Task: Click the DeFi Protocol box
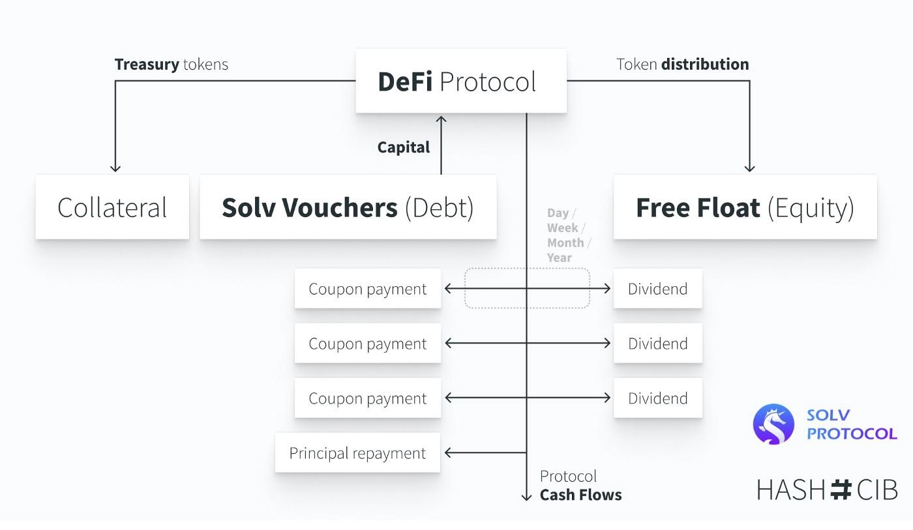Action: (x=460, y=81)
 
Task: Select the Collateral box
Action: (x=112, y=207)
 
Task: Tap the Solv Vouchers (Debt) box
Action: (x=348, y=207)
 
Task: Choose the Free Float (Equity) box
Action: (x=745, y=207)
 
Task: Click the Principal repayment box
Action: (x=357, y=452)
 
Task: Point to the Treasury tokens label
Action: (x=171, y=64)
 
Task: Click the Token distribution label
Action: (x=682, y=64)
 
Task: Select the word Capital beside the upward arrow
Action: (x=403, y=147)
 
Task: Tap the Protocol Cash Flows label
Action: (x=580, y=486)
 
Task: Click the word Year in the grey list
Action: (x=559, y=258)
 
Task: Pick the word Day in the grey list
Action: (x=558, y=213)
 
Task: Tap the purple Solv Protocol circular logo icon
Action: (x=773, y=424)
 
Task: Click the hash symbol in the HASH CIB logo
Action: (x=841, y=489)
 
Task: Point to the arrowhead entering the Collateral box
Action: (x=115, y=169)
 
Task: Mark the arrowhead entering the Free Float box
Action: (x=749, y=169)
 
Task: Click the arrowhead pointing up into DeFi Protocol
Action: (x=441, y=119)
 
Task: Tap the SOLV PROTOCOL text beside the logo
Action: (x=851, y=424)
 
